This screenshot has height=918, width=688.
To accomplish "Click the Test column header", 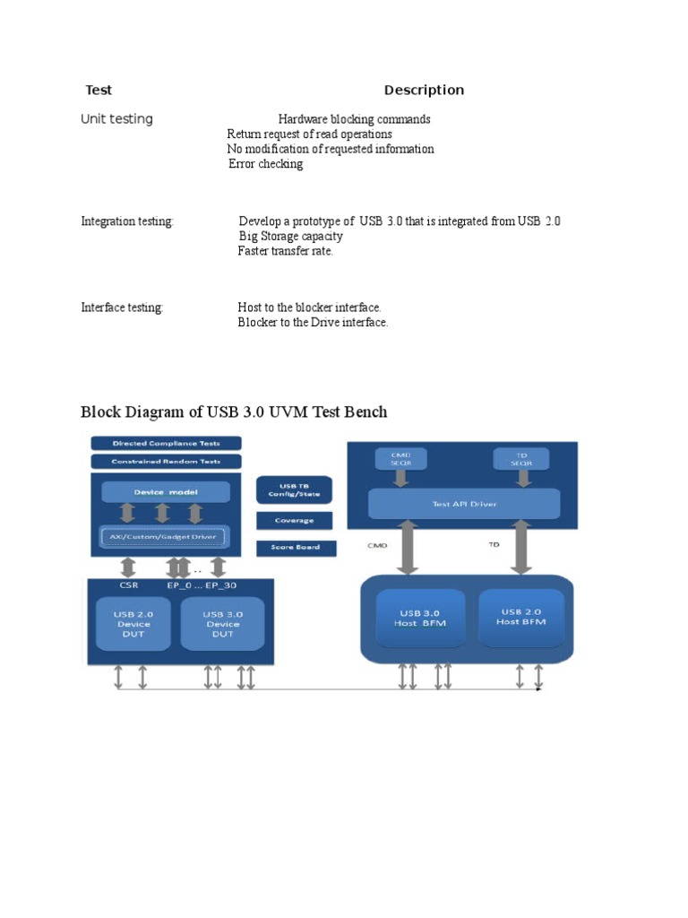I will (x=98, y=90).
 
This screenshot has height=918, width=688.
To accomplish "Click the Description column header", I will (x=424, y=90).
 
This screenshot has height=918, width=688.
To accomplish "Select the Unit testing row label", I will (x=116, y=119).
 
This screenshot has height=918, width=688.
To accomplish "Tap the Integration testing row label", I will (x=127, y=221).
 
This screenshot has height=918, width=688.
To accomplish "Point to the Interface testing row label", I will (x=122, y=307).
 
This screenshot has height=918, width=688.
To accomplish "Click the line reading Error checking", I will (x=265, y=164).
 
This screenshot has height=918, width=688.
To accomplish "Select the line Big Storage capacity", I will (x=290, y=236).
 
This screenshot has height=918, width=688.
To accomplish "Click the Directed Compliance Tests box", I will (x=167, y=443).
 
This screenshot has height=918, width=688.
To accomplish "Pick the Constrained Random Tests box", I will (x=167, y=461).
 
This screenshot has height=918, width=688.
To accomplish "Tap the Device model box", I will (x=166, y=492).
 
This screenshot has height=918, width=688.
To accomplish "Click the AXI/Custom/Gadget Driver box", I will (x=163, y=537).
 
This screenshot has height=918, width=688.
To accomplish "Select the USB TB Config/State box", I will (x=295, y=489).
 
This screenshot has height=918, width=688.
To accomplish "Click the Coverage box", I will (x=295, y=520).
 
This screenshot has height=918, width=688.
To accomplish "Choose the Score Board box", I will (x=295, y=546).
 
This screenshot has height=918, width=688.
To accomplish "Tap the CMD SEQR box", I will (x=401, y=458).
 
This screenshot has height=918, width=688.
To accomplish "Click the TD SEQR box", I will (x=521, y=458).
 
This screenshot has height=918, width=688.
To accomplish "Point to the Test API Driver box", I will (x=464, y=504).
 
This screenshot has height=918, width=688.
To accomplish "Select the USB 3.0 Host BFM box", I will (x=420, y=618).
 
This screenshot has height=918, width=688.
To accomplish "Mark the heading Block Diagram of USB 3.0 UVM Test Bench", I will (x=234, y=412).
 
